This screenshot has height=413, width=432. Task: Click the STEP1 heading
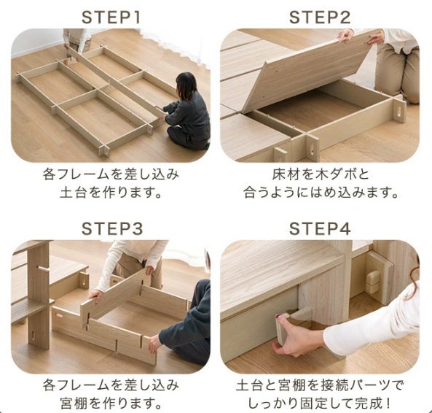(x=111, y=17)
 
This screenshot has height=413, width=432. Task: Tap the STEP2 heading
(x=320, y=17)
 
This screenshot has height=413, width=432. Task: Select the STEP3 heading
(x=112, y=228)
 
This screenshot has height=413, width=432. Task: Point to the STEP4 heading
(x=320, y=228)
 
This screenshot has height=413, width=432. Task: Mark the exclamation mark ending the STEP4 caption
(x=388, y=404)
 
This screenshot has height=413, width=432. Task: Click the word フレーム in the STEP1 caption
(x=83, y=174)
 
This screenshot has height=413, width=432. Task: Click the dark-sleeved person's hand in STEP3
(x=155, y=343)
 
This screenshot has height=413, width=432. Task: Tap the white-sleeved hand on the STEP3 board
(x=96, y=296)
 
